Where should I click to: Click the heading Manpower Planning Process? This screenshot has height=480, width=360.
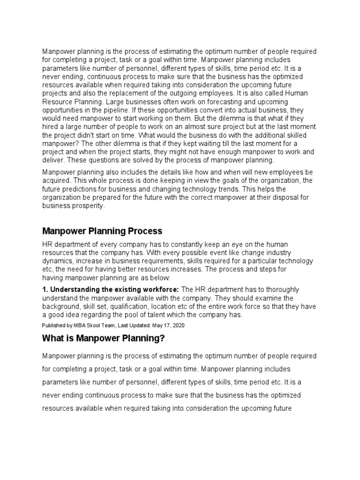click(x=102, y=231)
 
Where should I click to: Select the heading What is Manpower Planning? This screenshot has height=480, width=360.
click(x=104, y=338)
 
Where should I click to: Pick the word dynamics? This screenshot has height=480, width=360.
click(x=58, y=261)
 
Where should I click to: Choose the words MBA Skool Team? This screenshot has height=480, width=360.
click(x=86, y=324)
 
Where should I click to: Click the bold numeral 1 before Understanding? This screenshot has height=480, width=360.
click(x=45, y=290)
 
